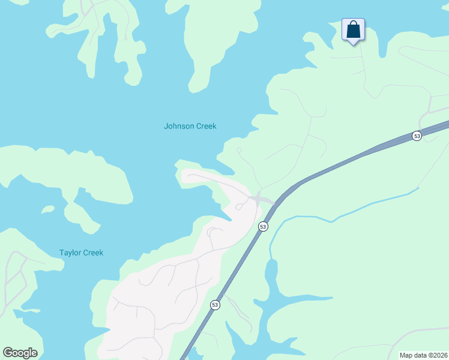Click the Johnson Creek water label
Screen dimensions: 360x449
tap(190, 126)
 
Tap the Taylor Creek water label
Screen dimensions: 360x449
tap(81, 253)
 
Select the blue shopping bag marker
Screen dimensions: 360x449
tap(353, 30)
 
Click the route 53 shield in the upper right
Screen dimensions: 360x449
tap(417, 136)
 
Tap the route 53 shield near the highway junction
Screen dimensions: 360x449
tap(263, 226)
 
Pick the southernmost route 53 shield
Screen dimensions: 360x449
tap(215, 305)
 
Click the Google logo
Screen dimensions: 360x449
tap(20, 353)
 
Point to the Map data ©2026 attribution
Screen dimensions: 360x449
tap(423, 355)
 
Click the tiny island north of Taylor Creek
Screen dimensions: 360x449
tap(47, 209)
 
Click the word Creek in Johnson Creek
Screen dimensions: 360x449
tap(206, 126)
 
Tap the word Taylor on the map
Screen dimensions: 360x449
tap(70, 253)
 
